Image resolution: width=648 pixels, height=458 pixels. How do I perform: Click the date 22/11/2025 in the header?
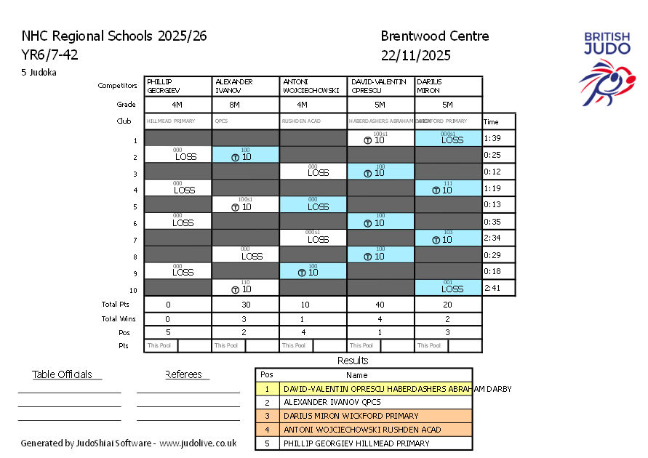pos(415,55)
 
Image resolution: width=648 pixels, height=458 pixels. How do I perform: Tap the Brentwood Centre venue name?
pos(434,36)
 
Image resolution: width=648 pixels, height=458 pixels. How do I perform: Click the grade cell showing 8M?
pos(245,105)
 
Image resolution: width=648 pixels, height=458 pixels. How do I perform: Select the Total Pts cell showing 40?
pos(380,305)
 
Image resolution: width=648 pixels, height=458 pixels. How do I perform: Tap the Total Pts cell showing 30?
pos(245,305)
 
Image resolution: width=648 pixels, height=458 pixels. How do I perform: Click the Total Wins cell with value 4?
pos(380,318)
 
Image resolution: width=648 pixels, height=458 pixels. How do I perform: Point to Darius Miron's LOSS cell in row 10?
pos(448,288)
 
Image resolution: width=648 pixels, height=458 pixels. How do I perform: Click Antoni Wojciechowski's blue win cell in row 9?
pos(313,271)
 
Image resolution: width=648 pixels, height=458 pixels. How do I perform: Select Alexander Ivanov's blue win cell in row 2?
pos(245,155)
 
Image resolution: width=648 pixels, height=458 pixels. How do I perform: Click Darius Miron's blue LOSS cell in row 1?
pos(448,138)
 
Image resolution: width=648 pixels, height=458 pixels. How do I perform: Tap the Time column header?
pos(492,121)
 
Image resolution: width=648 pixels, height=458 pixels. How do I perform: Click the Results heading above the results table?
pos(353,361)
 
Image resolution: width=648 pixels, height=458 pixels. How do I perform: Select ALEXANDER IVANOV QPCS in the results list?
pos(332,402)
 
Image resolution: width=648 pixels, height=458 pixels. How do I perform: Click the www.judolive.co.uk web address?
pos(198,443)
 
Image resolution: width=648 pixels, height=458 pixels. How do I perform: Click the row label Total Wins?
pos(119,318)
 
